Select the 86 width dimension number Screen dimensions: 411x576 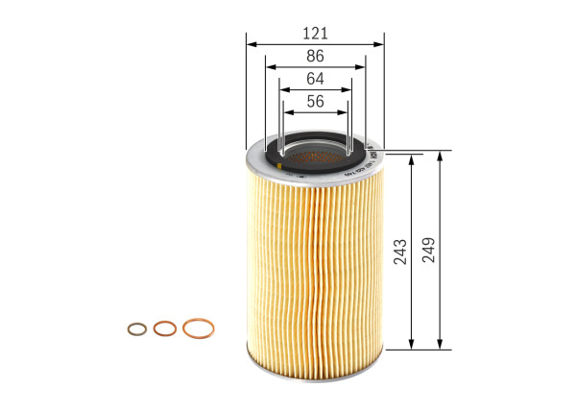point(315,57)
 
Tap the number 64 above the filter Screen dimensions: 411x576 point(315,79)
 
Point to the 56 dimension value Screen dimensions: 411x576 point(315,101)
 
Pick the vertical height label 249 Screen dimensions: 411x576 point(428,250)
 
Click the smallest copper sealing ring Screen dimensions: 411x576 point(135,329)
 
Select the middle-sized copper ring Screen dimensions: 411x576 point(164,328)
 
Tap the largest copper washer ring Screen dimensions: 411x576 point(198,327)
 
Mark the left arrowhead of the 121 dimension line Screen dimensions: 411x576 point(250,43)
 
